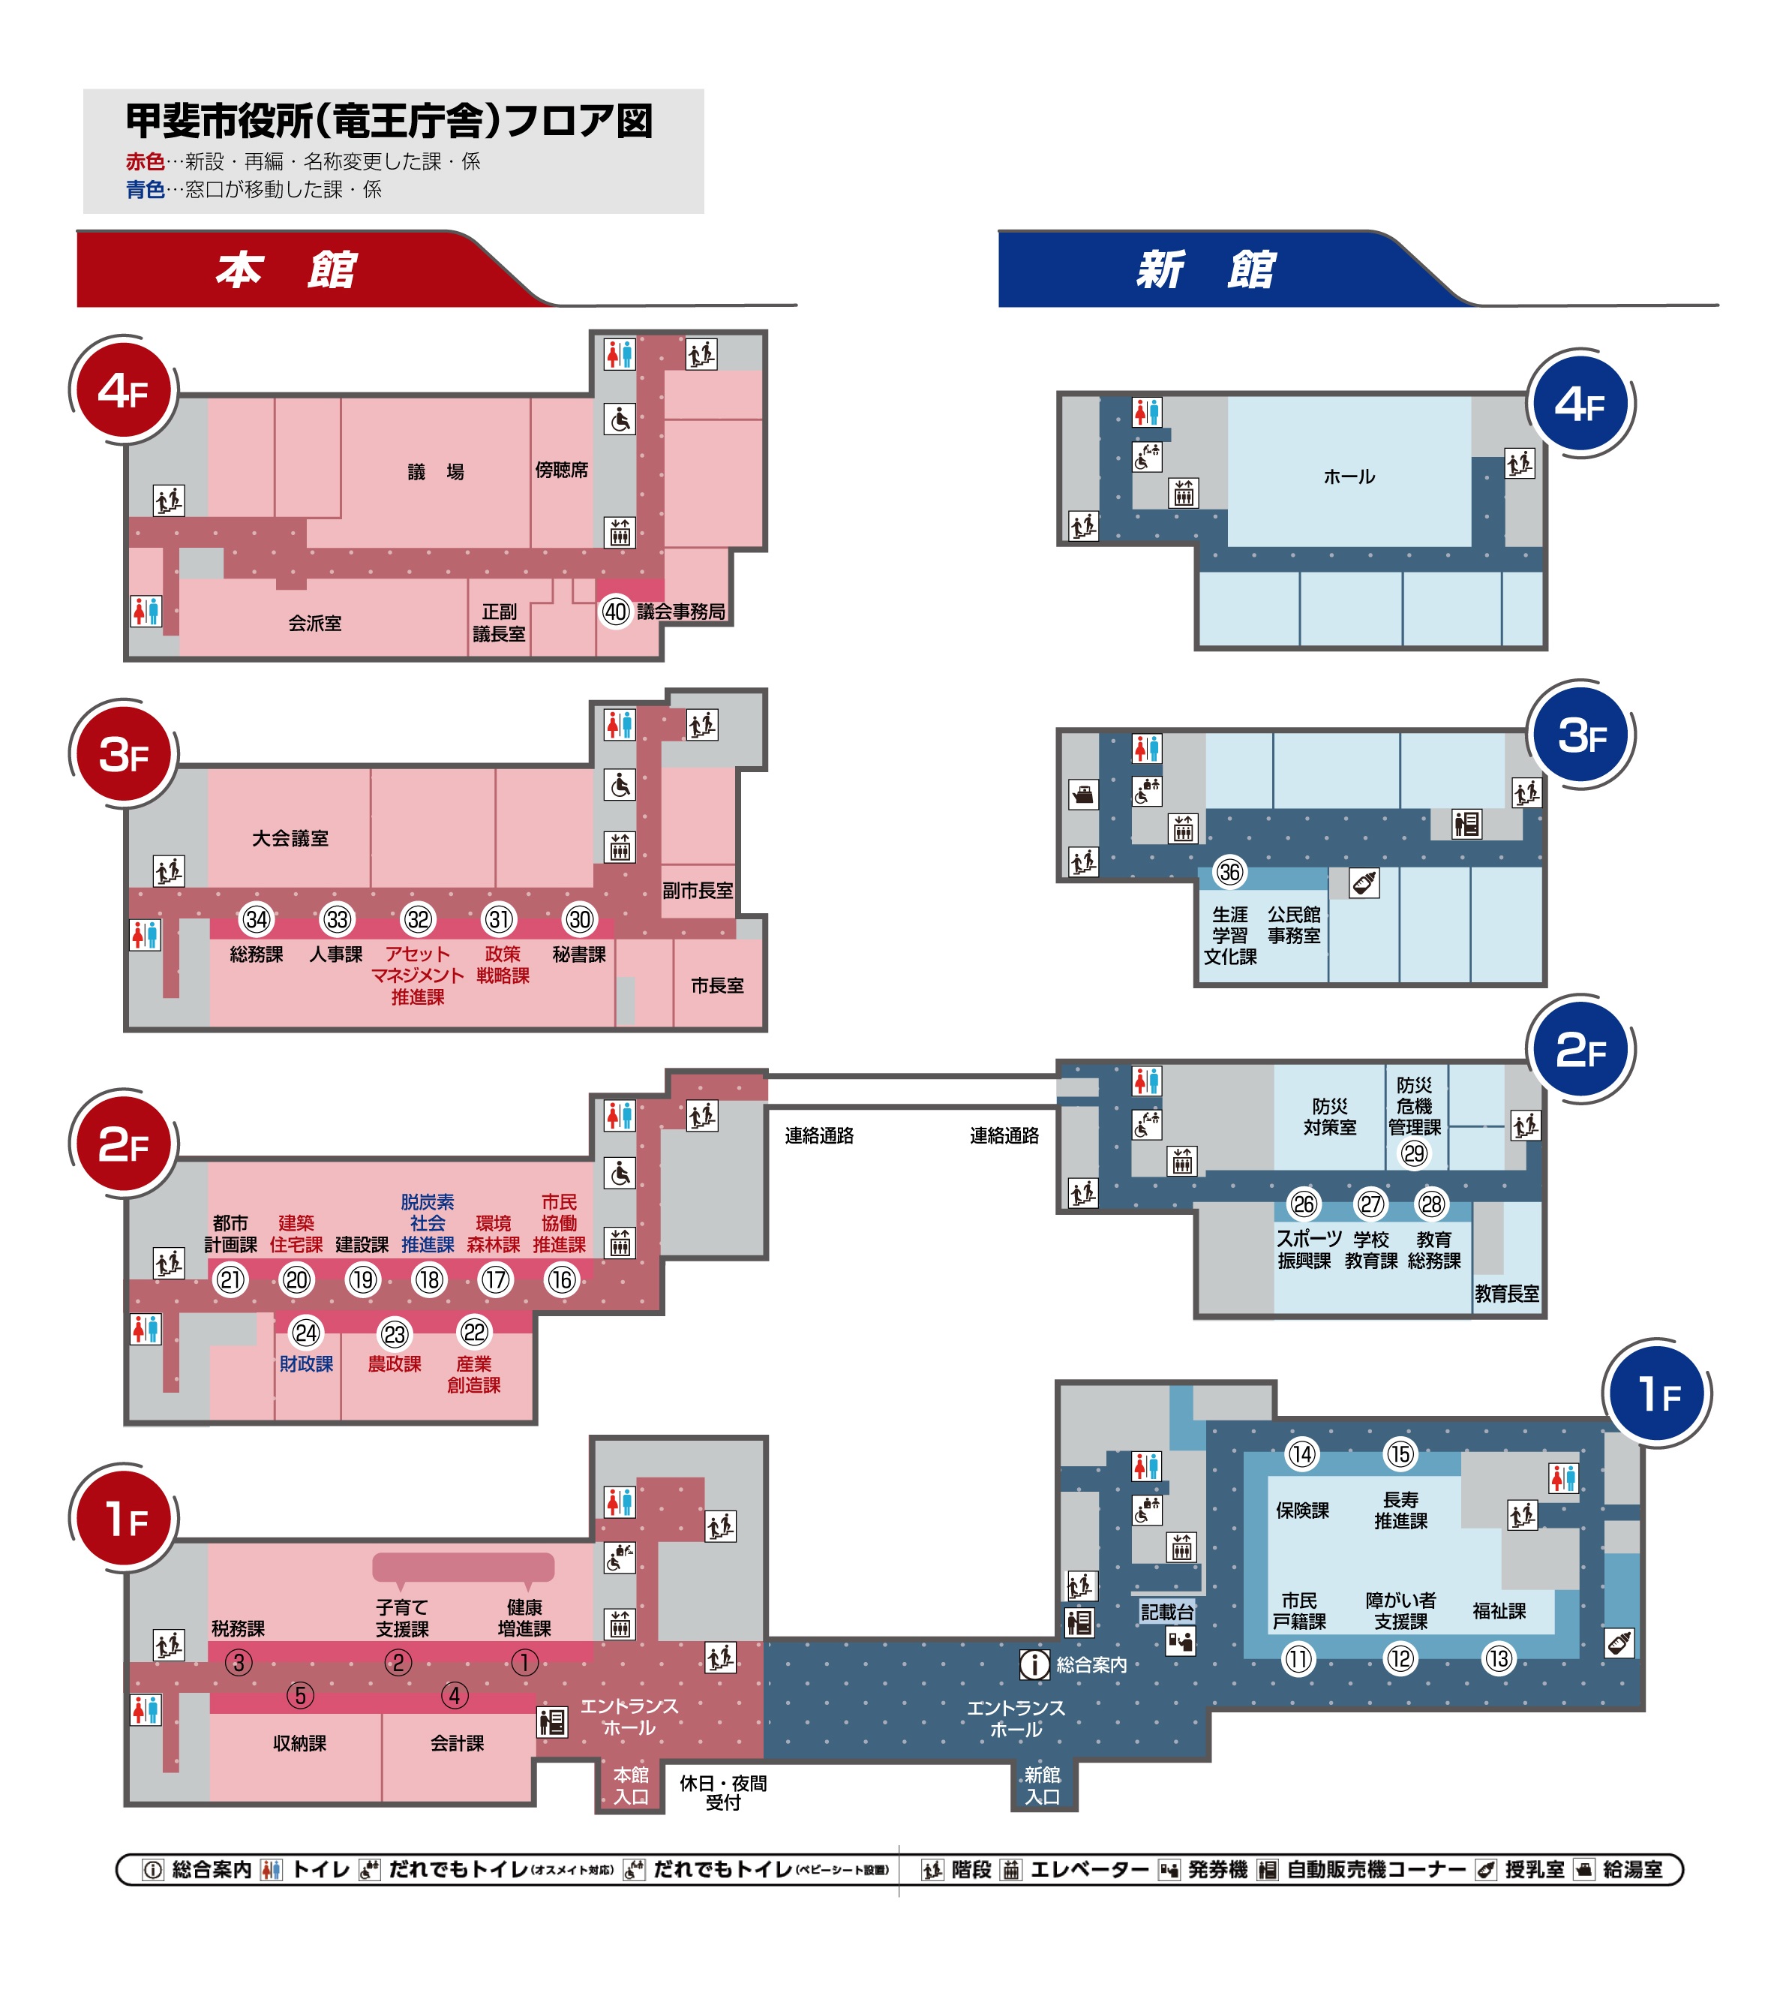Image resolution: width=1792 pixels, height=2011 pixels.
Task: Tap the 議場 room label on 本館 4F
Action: point(436,472)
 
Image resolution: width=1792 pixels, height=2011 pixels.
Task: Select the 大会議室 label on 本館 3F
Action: point(290,838)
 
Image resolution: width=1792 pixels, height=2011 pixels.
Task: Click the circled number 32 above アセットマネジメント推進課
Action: point(419,920)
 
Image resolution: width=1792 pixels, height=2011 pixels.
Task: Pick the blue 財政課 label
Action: point(306,1364)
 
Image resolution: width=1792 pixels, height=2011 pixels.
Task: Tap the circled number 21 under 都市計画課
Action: point(230,1280)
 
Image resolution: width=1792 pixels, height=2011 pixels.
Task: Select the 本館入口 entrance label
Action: point(631,1785)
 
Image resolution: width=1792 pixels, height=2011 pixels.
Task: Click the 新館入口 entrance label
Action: point(1042,1785)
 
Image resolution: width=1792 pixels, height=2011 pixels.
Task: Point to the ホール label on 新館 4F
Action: point(1349,476)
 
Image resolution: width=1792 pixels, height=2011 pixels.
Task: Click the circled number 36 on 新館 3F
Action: point(1229,872)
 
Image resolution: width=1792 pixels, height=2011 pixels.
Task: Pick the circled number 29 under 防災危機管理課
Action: point(1414,1154)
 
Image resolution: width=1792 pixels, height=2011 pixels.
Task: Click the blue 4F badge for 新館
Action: point(1580,404)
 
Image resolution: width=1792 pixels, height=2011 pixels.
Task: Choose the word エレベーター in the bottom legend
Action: point(1090,1869)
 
